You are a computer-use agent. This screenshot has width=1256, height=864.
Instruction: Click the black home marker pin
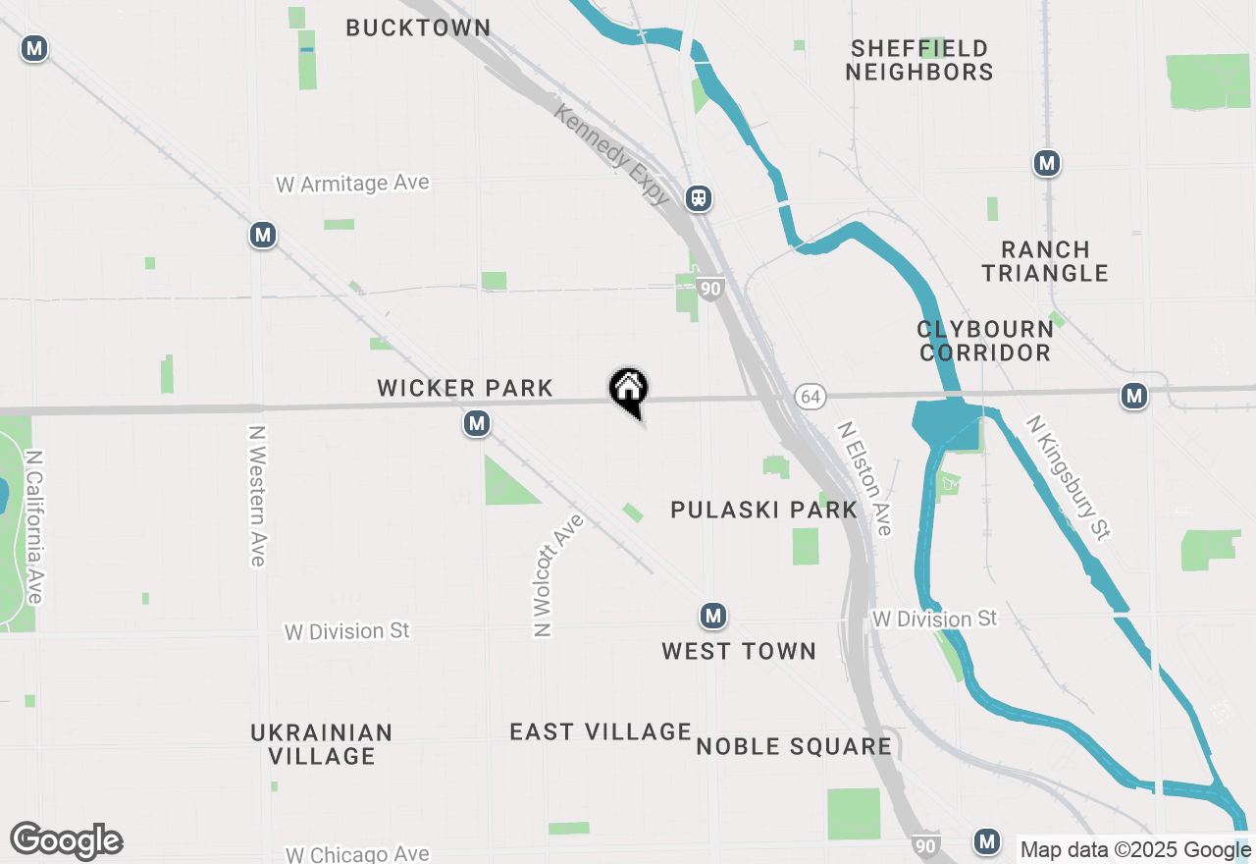coord(628,390)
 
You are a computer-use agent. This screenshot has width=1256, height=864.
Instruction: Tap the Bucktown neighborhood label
coord(418,27)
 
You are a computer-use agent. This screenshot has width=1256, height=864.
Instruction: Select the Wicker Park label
coord(465,389)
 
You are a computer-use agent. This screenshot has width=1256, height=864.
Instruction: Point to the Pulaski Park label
coord(763,510)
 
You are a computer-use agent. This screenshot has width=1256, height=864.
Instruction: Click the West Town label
coord(738,651)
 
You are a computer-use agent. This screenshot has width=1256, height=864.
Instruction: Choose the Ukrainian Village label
coord(322,744)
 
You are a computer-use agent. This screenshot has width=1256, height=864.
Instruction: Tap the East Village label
coord(601,731)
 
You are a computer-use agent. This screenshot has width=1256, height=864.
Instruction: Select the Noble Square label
coord(794,747)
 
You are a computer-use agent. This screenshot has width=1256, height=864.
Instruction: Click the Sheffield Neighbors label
coord(919,60)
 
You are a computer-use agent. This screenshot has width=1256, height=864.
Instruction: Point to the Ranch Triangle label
coord(1045,261)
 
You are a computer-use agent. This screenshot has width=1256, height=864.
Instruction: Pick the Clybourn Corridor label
coord(985,341)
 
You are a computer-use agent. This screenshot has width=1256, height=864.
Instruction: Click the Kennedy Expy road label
coord(611,155)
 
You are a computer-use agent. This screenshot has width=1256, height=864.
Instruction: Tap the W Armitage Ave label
coord(352,184)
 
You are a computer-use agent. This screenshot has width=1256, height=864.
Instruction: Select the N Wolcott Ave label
coord(556,575)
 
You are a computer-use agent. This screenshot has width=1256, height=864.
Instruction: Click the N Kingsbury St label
coord(1069,477)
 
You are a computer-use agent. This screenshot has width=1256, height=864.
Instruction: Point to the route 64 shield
coord(810,396)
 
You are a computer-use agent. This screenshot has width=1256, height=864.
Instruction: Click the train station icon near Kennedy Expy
coord(699,198)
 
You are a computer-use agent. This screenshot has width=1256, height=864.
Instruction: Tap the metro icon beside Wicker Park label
coord(477,424)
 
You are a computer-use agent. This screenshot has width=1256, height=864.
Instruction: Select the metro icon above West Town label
coord(713,617)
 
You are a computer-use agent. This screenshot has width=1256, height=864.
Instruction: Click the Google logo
coord(66,841)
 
